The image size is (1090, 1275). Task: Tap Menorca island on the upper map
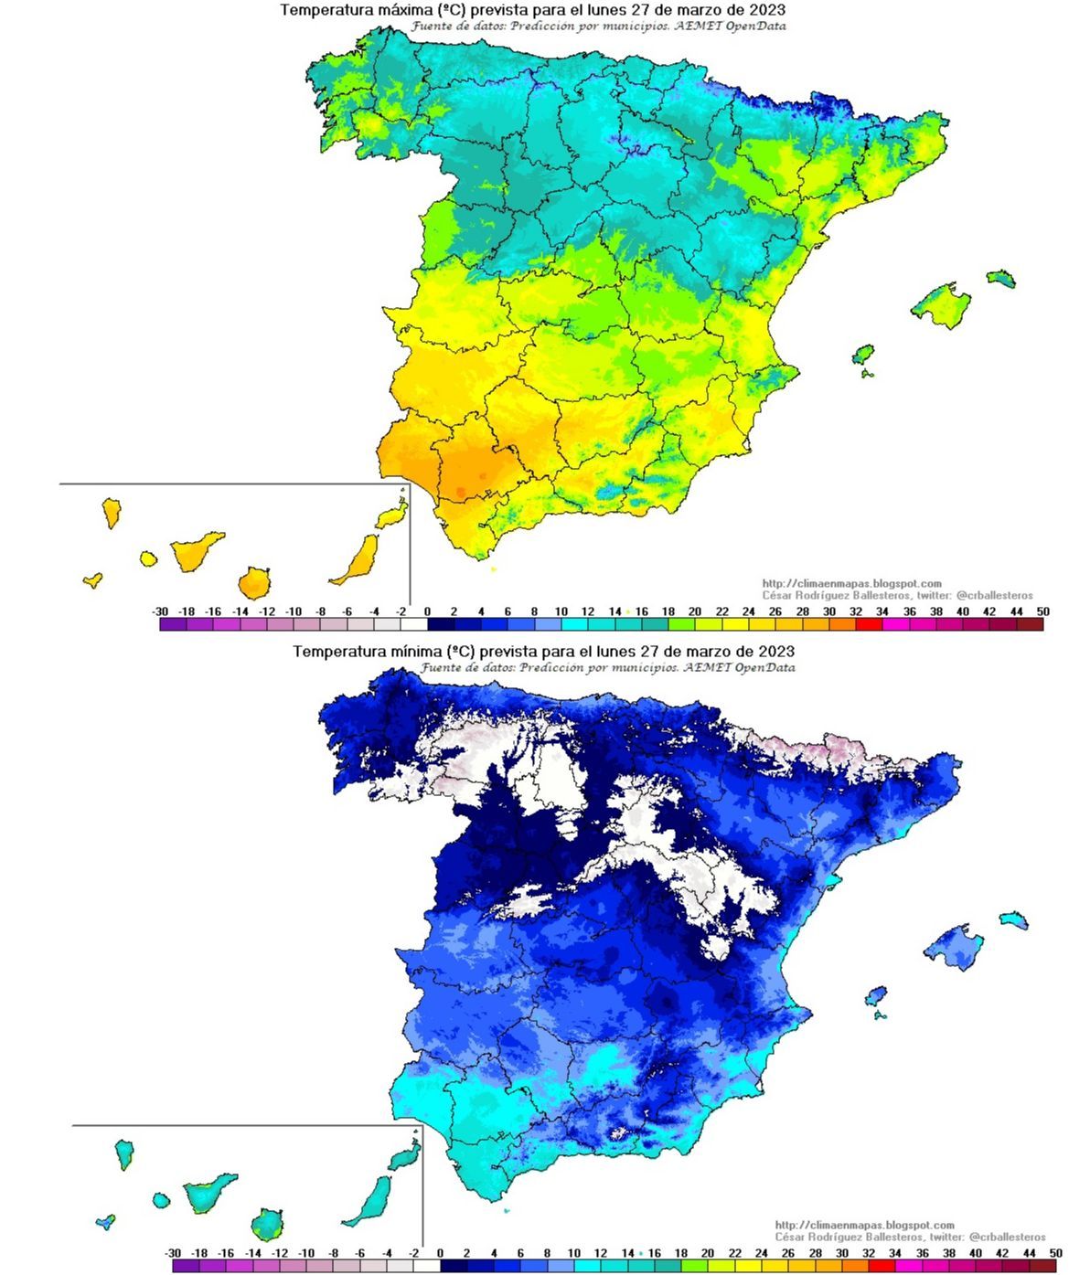click(x=1000, y=278)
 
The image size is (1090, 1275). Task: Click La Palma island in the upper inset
click(x=112, y=512)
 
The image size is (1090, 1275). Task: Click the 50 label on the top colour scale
click(x=1042, y=611)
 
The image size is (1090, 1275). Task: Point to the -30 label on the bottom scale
click(x=173, y=1252)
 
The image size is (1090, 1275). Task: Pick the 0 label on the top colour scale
click(x=428, y=611)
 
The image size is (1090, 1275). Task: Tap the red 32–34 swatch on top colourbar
click(x=869, y=625)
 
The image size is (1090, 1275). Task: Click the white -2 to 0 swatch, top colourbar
click(x=414, y=625)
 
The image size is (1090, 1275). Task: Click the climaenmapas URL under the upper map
click(x=851, y=583)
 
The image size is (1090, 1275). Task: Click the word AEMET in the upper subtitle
click(x=700, y=27)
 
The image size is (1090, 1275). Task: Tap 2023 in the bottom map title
click(x=775, y=652)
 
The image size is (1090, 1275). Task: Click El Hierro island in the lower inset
click(x=106, y=1221)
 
